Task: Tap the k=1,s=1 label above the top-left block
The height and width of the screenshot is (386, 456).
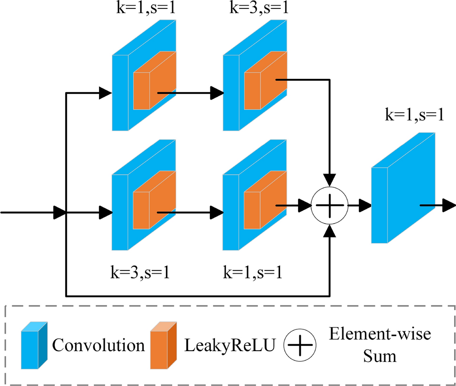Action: (x=146, y=9)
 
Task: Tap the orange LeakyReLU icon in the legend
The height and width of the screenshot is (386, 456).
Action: (x=163, y=346)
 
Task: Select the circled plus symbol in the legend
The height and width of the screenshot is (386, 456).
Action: (x=300, y=346)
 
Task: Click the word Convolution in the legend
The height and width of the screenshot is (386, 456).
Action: (x=98, y=346)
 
